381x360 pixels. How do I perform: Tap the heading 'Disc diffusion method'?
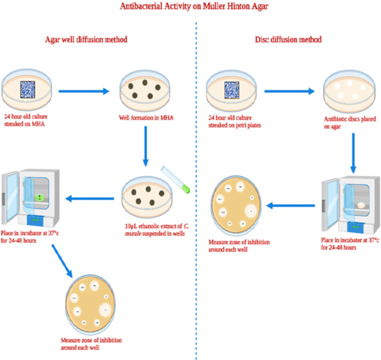point(288,40)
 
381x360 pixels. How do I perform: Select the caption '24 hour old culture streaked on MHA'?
point(29,121)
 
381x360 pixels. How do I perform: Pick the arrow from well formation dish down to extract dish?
point(146,145)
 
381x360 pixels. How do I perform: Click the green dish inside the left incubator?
point(39,198)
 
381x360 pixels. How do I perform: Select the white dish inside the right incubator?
point(361,204)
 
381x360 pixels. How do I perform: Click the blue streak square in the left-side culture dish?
point(28,90)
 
